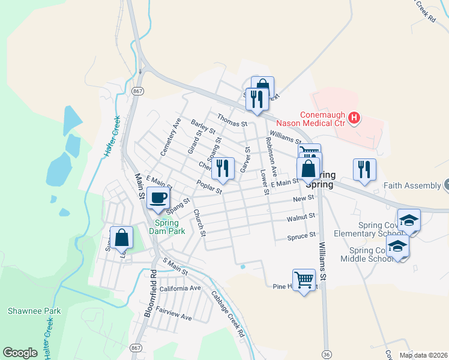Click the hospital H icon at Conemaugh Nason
[x=354, y=118]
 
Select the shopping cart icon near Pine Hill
[x=304, y=278]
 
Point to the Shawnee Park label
[x=26, y=311]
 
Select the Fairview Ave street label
[x=173, y=313]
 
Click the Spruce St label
[x=301, y=236]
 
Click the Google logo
[x=20, y=353]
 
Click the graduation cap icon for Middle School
[x=397, y=246]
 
